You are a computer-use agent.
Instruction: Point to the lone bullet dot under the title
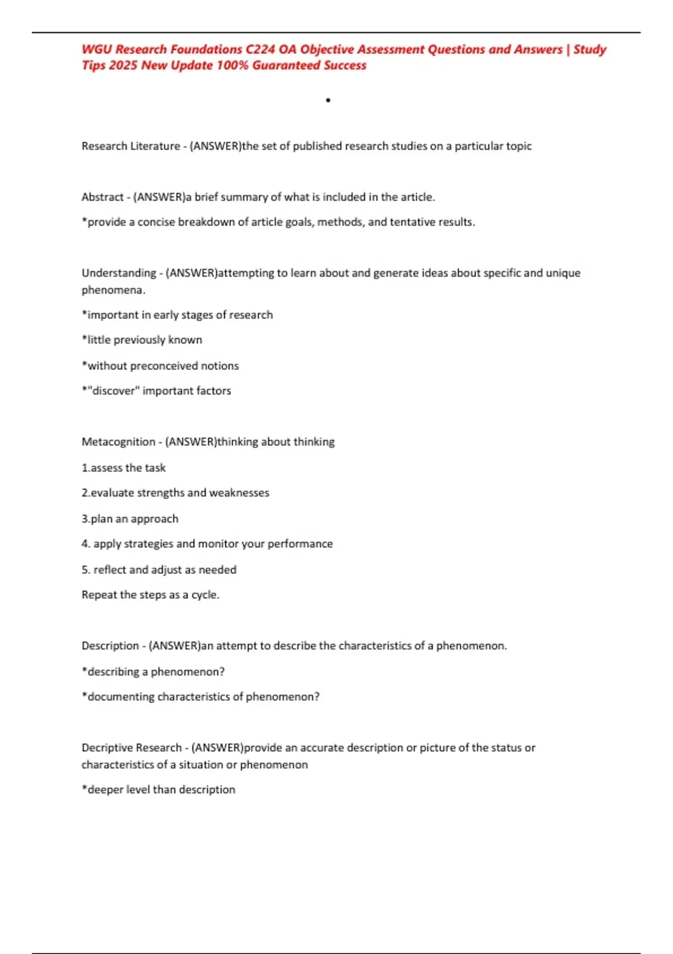pyautogui.click(x=328, y=100)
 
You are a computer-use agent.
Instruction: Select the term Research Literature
pyautogui.click(x=131, y=146)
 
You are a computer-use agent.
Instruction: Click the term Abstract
pyautogui.click(x=103, y=197)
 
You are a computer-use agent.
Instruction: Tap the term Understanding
pyautogui.click(x=119, y=273)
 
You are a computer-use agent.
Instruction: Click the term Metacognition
pyautogui.click(x=118, y=442)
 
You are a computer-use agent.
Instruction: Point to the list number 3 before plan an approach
pyautogui.click(x=85, y=519)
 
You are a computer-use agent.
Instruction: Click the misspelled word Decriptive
pyautogui.click(x=105, y=747)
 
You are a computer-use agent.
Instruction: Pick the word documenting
pyautogui.click(x=121, y=696)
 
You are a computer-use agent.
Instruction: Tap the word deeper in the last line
pyautogui.click(x=104, y=790)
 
